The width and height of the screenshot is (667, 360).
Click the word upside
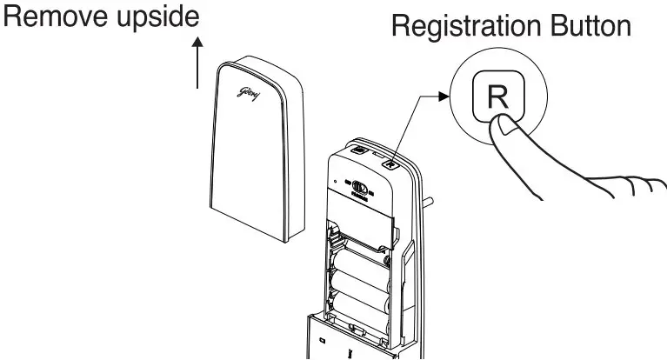[x=157, y=18]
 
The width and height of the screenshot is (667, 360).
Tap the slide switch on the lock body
[x=357, y=186]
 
